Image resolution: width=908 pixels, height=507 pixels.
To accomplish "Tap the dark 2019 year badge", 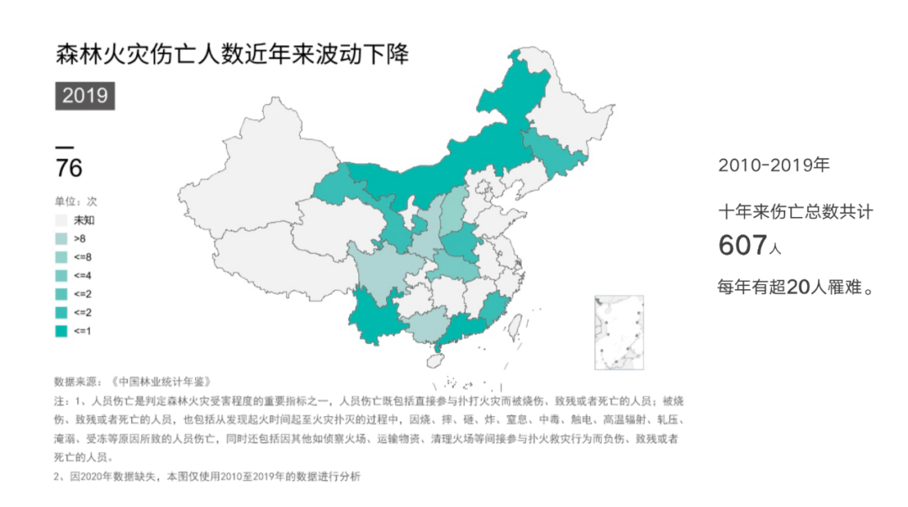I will click(x=85, y=95).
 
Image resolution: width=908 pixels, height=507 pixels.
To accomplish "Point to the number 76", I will click(x=69, y=168).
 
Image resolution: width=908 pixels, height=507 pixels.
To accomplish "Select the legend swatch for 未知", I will click(x=61, y=220).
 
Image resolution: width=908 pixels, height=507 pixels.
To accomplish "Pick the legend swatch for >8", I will click(x=61, y=239).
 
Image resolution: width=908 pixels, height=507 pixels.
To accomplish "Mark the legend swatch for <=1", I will click(x=61, y=331).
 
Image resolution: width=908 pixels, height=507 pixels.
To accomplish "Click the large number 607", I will click(x=742, y=246).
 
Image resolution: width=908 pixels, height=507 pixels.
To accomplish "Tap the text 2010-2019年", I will click(x=773, y=166).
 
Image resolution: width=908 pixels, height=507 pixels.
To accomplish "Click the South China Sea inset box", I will click(x=619, y=332).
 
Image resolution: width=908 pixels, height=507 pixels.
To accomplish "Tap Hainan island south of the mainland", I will click(x=435, y=360).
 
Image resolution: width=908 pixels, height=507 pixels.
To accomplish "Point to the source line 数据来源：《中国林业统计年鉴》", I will click(x=131, y=381).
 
